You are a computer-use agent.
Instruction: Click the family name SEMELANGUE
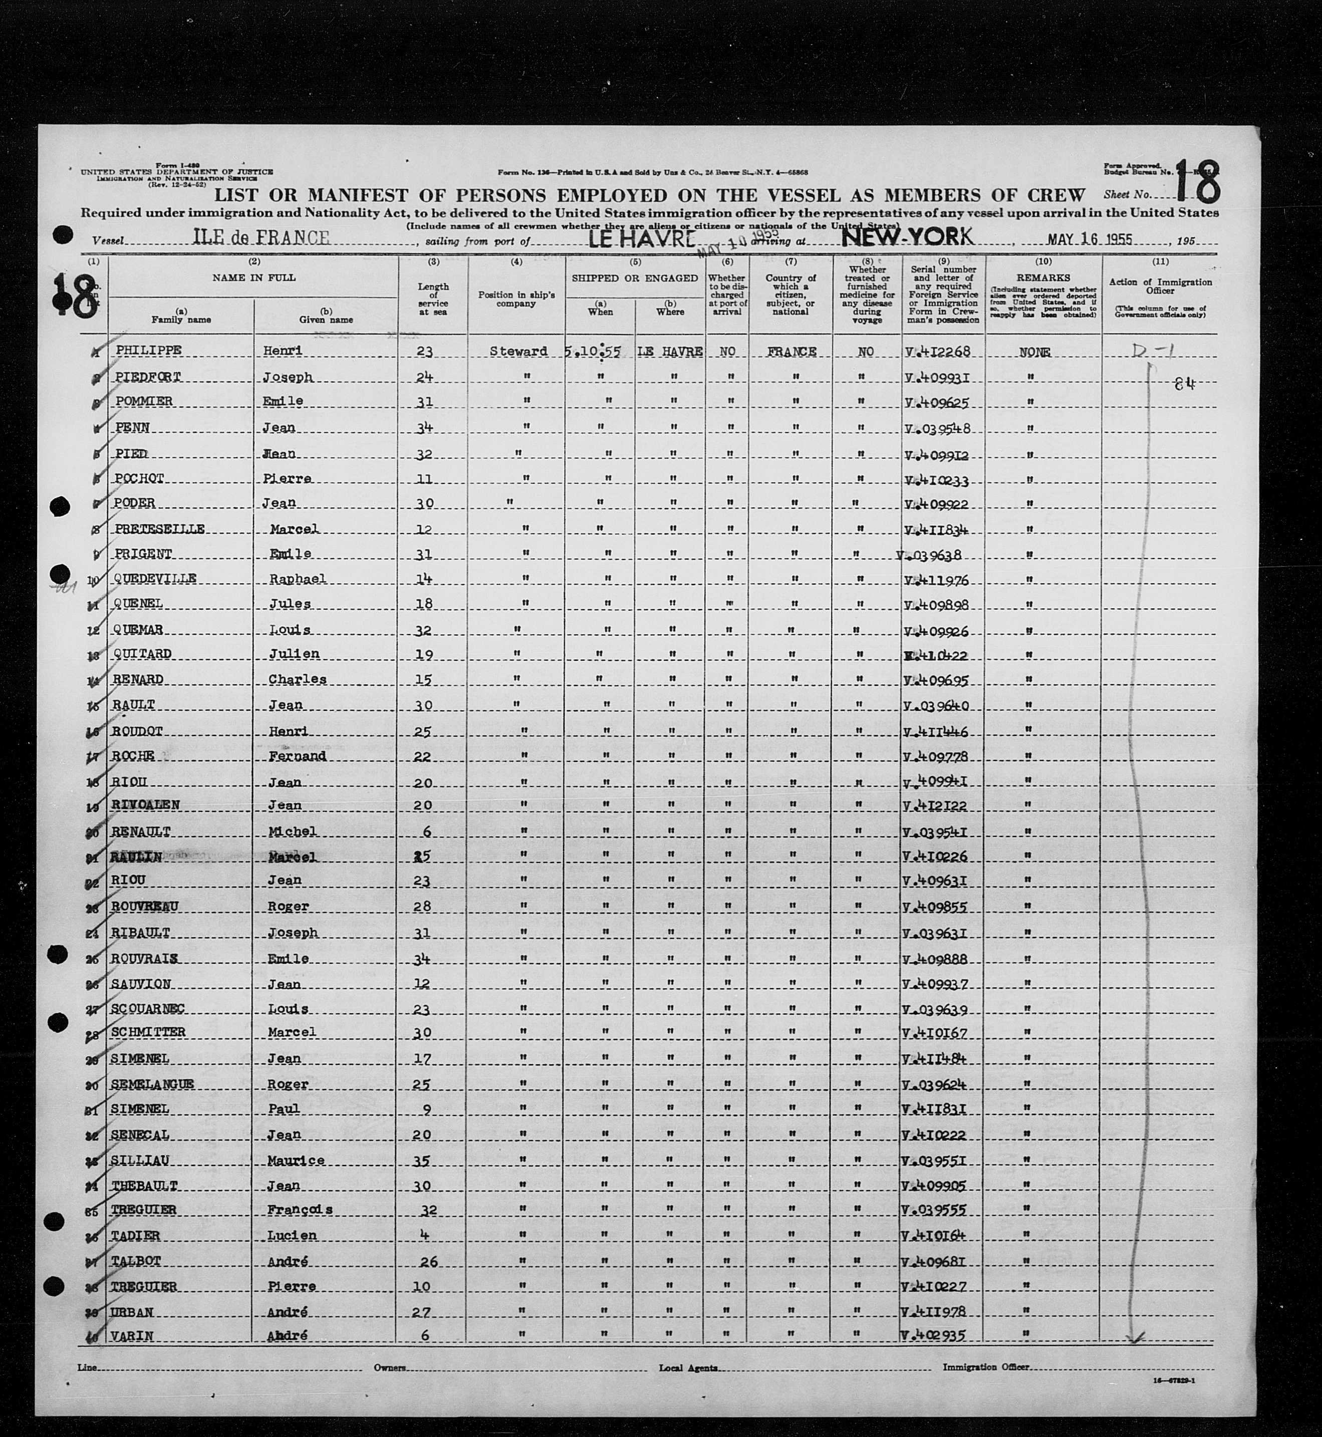point(152,1084)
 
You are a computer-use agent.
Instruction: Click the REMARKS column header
point(1043,277)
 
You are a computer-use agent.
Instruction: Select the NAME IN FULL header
point(253,277)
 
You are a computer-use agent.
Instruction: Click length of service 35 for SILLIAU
point(423,1160)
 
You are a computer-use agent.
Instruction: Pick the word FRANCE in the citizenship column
point(790,352)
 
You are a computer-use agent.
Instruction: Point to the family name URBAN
point(133,1312)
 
